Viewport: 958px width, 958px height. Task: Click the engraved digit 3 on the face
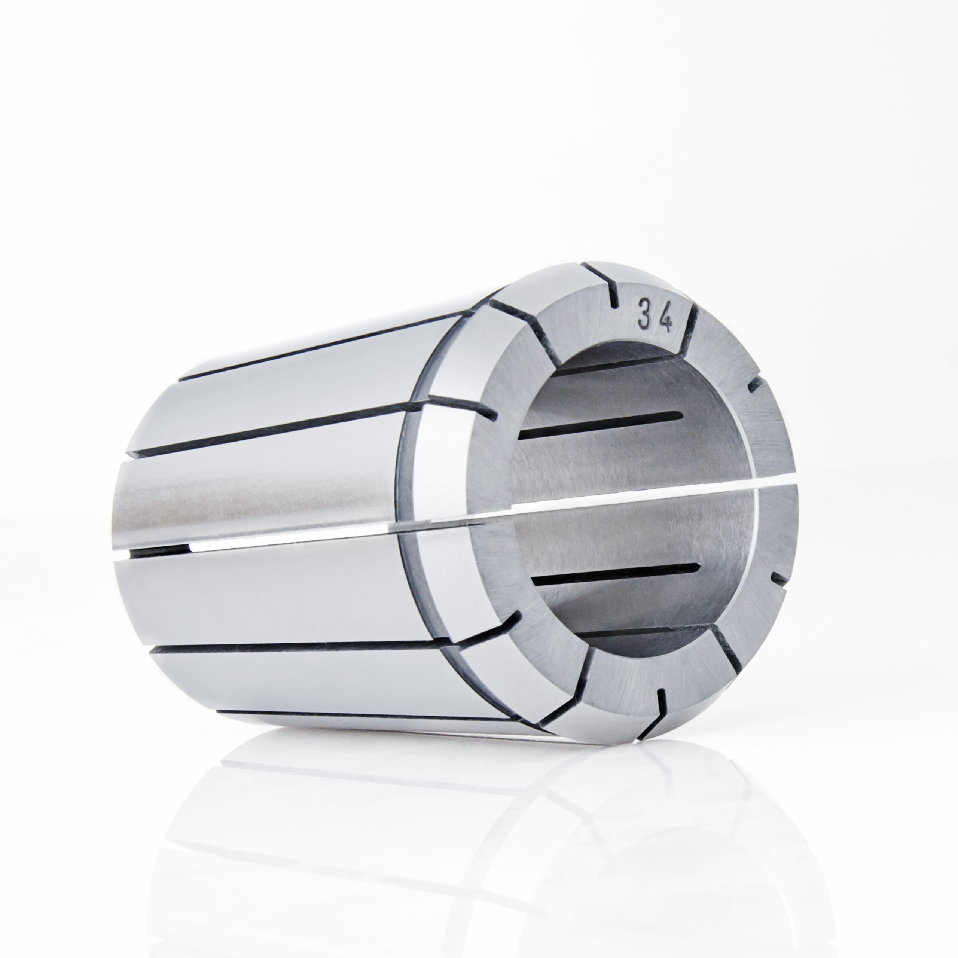click(x=644, y=313)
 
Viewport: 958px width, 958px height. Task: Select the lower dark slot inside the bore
click(x=614, y=575)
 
